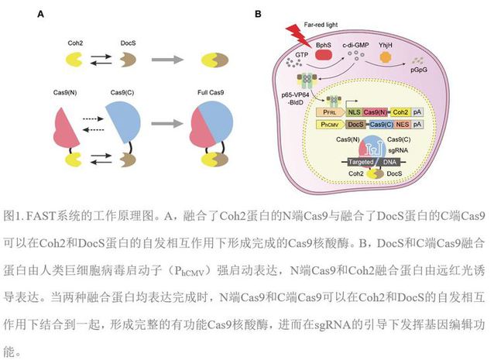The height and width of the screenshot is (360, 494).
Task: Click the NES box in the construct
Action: pos(401,123)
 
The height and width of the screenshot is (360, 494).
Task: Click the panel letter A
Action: pos(41,14)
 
